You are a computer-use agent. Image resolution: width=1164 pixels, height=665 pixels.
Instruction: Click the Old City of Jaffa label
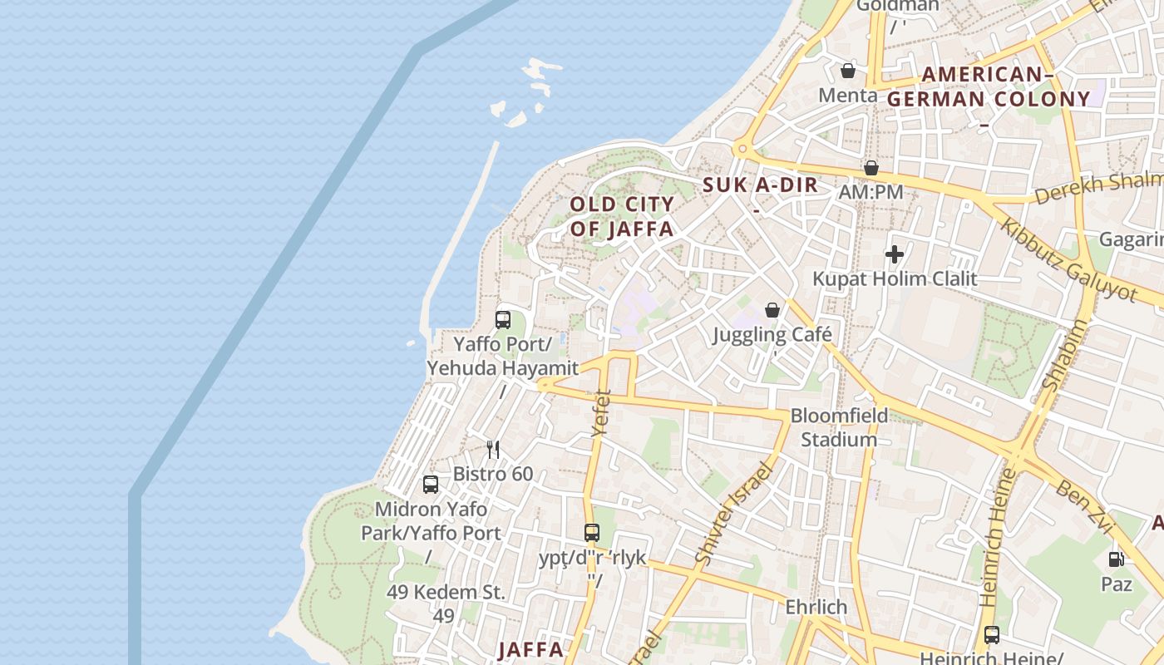pyautogui.click(x=622, y=216)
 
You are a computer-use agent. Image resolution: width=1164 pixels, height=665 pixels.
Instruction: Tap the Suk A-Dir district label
pyautogui.click(x=761, y=185)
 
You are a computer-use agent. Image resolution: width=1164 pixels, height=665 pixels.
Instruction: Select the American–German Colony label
pyautogui.click(x=988, y=87)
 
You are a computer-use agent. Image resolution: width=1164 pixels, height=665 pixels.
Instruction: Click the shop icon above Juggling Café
pyautogui.click(x=772, y=310)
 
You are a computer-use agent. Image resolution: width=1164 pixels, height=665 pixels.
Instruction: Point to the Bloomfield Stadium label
pyautogui.click(x=838, y=427)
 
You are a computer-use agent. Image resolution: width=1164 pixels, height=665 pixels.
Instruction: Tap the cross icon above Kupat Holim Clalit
pyautogui.click(x=895, y=254)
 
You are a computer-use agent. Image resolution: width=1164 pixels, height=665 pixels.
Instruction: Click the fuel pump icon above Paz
pyautogui.click(x=1116, y=559)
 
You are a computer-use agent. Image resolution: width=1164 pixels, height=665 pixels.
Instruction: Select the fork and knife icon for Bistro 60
pyautogui.click(x=493, y=450)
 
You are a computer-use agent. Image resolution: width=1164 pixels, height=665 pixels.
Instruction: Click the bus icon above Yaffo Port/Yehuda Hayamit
pyautogui.click(x=502, y=319)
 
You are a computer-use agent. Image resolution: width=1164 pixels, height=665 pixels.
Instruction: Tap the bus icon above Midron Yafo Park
pyautogui.click(x=431, y=484)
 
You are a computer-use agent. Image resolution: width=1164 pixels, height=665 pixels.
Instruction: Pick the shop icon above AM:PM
pyautogui.click(x=871, y=168)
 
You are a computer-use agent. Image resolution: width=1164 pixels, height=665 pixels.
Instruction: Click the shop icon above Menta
pyautogui.click(x=847, y=71)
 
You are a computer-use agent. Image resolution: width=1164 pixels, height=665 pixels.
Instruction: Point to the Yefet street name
pyautogui.click(x=600, y=413)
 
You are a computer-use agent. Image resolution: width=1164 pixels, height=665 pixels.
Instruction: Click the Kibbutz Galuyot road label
pyautogui.click(x=1068, y=259)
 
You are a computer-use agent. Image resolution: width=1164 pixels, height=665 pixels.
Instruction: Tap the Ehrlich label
pyautogui.click(x=816, y=607)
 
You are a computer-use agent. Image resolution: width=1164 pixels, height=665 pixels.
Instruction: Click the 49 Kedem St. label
pyautogui.click(x=446, y=593)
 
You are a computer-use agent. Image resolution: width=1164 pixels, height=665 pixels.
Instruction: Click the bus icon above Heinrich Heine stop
pyautogui.click(x=991, y=635)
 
